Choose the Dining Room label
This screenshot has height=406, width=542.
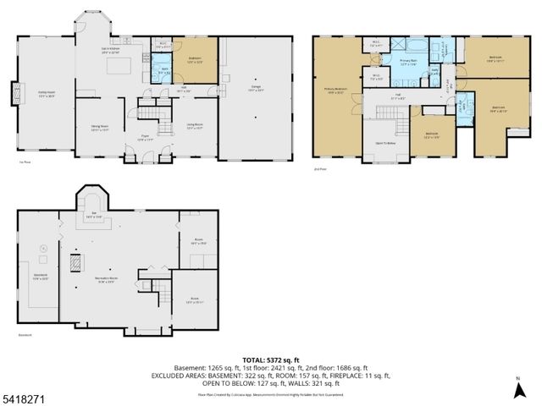point(101,128)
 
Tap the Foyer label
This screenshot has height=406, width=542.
point(145,137)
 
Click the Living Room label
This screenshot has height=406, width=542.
point(196,128)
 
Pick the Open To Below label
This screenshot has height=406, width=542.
point(387,144)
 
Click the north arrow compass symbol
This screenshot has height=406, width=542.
point(518,390)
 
